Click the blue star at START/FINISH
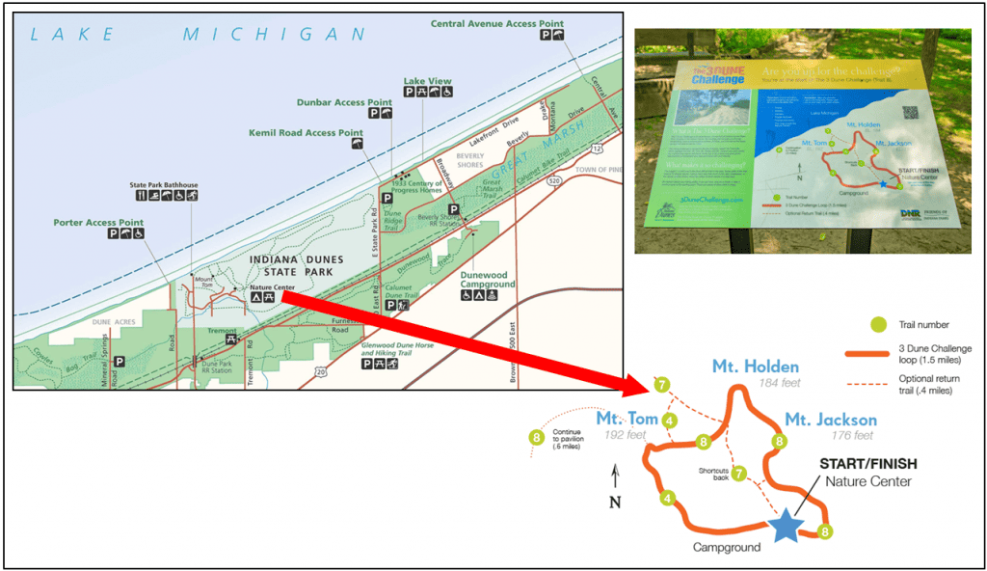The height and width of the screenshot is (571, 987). click(787, 526)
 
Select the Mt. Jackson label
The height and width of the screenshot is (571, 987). click(831, 420)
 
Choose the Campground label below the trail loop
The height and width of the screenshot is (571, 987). click(726, 547)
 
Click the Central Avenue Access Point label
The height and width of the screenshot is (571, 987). click(496, 24)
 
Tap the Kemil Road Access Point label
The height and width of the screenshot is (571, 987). click(306, 133)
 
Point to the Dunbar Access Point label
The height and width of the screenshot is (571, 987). click(344, 101)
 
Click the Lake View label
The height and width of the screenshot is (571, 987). click(427, 81)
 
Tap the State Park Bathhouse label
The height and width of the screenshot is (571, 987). click(164, 184)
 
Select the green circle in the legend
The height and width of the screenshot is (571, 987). click(878, 325)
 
